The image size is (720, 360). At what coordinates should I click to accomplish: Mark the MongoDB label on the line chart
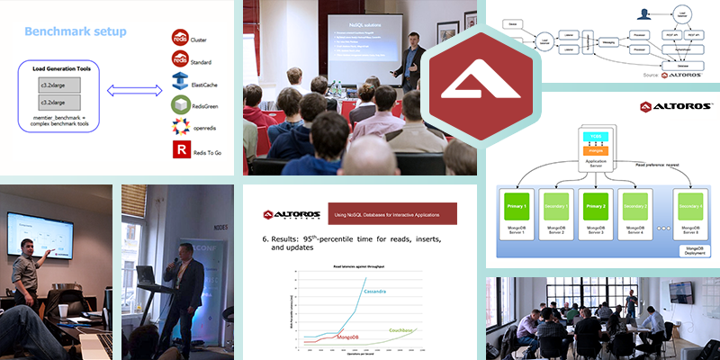pyautogui.click(x=337, y=336)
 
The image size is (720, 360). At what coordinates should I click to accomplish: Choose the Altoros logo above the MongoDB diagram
pyautogui.click(x=670, y=106)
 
